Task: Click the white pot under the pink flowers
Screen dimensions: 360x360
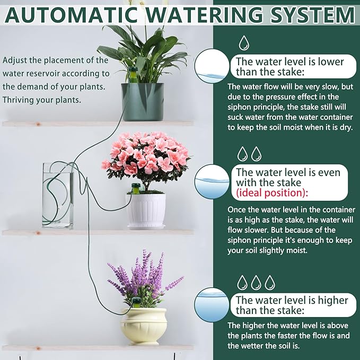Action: click(145, 209)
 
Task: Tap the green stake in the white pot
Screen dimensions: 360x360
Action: click(136, 188)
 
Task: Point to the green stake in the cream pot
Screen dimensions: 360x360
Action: click(136, 303)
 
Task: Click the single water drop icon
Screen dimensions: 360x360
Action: click(244, 42)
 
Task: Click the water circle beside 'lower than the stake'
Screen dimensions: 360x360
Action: click(212, 68)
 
